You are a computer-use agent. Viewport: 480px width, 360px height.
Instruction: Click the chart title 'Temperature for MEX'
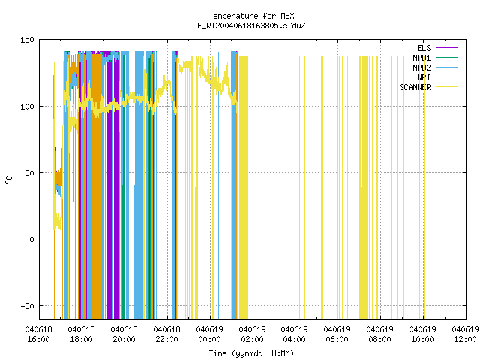[x=251, y=16]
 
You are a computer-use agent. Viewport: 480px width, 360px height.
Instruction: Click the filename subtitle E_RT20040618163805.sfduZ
[x=251, y=25]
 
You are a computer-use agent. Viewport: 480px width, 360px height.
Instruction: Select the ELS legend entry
[x=437, y=48]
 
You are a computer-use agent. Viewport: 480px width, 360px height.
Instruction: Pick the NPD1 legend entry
[x=435, y=58]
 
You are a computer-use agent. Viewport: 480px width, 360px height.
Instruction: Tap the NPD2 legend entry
[x=435, y=67]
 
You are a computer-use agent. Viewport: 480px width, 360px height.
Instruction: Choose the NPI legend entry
[x=437, y=77]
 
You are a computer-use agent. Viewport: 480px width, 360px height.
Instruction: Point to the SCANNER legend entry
[x=428, y=87]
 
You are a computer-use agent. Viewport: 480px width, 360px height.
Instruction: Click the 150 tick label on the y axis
[x=27, y=40]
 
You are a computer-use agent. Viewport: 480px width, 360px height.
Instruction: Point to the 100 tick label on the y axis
[x=27, y=106]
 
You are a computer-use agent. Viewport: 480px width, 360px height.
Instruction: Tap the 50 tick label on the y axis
[x=29, y=173]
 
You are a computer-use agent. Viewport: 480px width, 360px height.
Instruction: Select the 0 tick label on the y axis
[x=31, y=239]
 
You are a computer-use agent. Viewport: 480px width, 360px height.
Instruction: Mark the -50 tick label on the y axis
[x=27, y=306]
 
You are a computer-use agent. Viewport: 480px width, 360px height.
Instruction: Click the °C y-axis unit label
[x=8, y=180]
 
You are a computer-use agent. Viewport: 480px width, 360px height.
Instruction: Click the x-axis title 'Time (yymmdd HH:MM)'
[x=251, y=353]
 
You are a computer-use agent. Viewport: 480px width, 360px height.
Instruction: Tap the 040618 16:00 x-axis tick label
[x=38, y=334]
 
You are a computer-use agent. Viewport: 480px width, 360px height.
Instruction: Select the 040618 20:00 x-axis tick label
[x=124, y=334]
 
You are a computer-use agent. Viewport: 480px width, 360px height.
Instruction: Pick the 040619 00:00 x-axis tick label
[x=210, y=334]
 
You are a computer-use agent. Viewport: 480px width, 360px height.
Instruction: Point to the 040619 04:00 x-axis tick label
[x=295, y=334]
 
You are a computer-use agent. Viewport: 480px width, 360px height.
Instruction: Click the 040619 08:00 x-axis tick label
[x=380, y=334]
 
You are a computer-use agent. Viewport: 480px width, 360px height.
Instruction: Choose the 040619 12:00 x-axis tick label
[x=465, y=334]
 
